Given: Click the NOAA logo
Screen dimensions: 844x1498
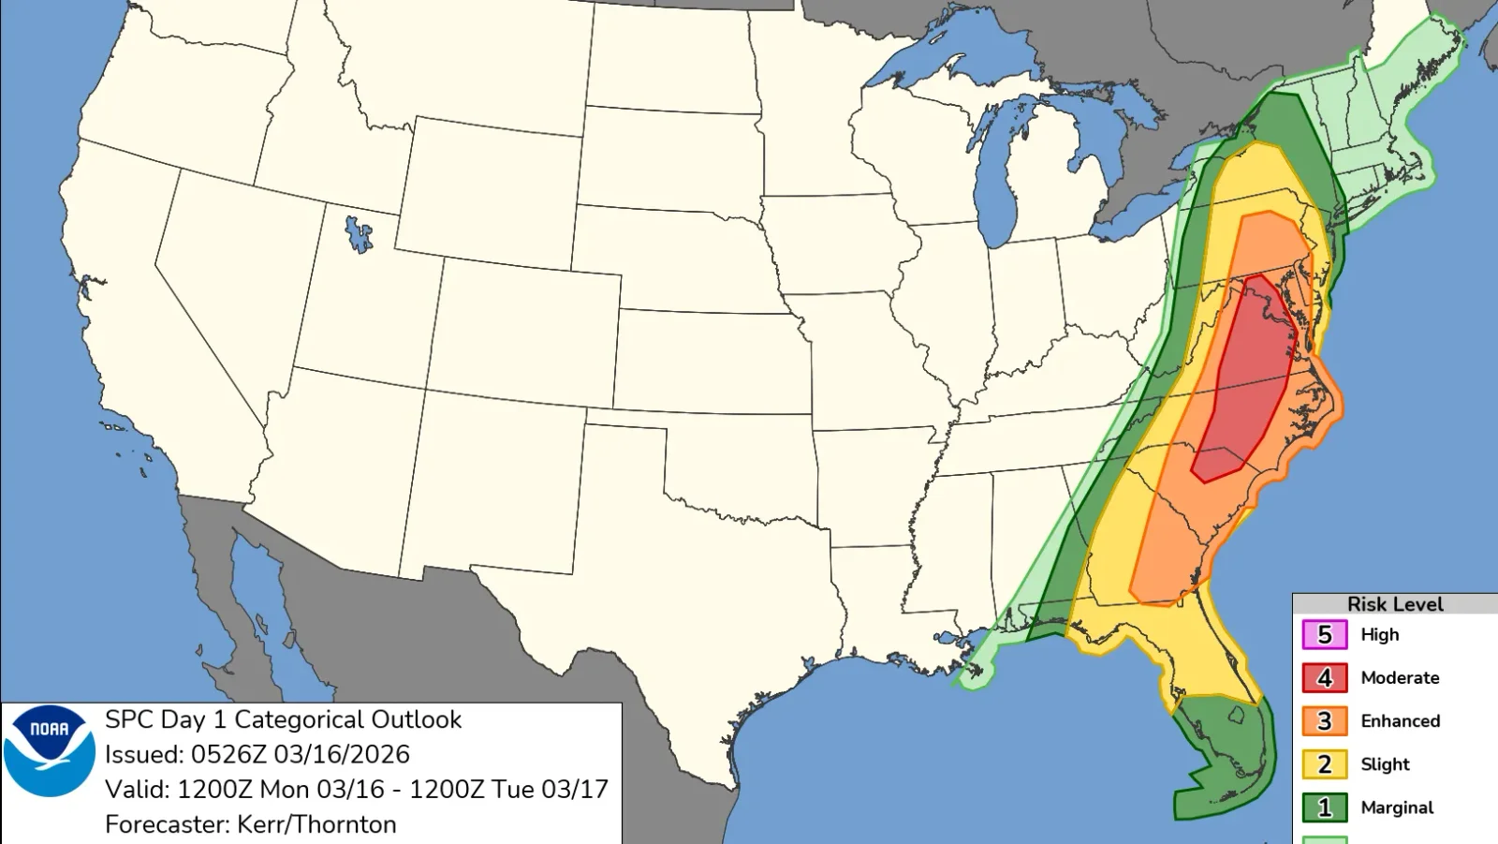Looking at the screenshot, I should click(x=50, y=751).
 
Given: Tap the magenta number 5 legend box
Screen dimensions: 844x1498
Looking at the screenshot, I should click(x=1324, y=634).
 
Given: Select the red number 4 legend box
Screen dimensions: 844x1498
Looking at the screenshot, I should click(x=1324, y=677).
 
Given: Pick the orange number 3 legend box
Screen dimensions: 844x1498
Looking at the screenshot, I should click(x=1324, y=720).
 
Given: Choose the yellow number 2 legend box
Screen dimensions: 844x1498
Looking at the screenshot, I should click(x=1324, y=763).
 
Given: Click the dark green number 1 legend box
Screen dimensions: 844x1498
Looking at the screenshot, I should click(x=1324, y=807).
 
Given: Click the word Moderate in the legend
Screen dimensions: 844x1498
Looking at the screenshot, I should click(x=1400, y=677).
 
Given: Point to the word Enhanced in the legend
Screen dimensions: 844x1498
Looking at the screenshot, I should click(x=1400, y=720).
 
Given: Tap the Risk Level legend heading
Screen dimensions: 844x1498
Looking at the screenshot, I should click(x=1394, y=604).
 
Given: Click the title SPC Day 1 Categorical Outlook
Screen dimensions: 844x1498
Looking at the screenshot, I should click(x=283, y=719).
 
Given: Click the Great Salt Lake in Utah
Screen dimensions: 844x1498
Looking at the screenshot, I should click(x=358, y=234).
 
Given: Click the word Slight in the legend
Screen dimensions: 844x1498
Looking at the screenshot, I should click(x=1385, y=763).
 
